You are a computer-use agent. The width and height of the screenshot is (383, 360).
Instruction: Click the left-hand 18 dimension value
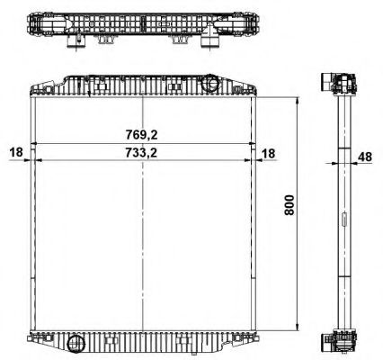pyautogui.click(x=16, y=152)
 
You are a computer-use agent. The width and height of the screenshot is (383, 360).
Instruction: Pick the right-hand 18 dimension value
pyautogui.click(x=270, y=152)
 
